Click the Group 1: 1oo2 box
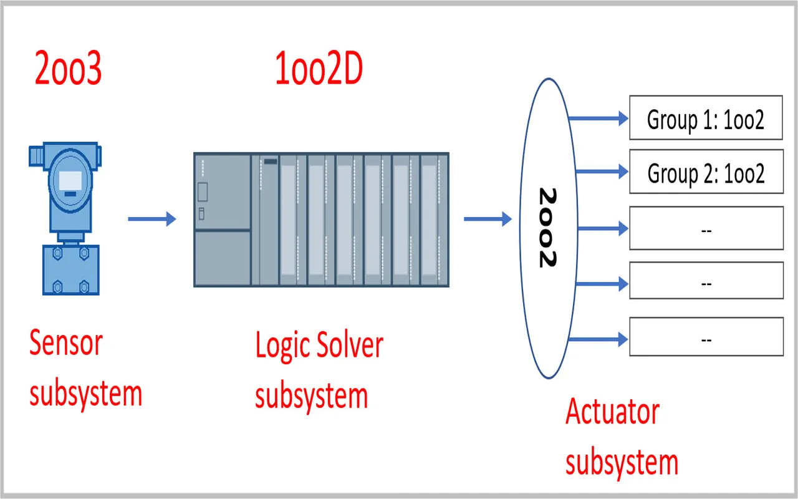point(706,118)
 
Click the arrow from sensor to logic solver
point(152,219)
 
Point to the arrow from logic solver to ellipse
point(488,219)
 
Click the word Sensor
point(66,342)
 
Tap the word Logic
point(282,345)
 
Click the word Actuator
point(612,412)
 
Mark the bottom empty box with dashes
point(706,337)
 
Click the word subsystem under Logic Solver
point(311,395)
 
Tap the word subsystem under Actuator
point(622,463)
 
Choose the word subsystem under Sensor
point(86,394)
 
